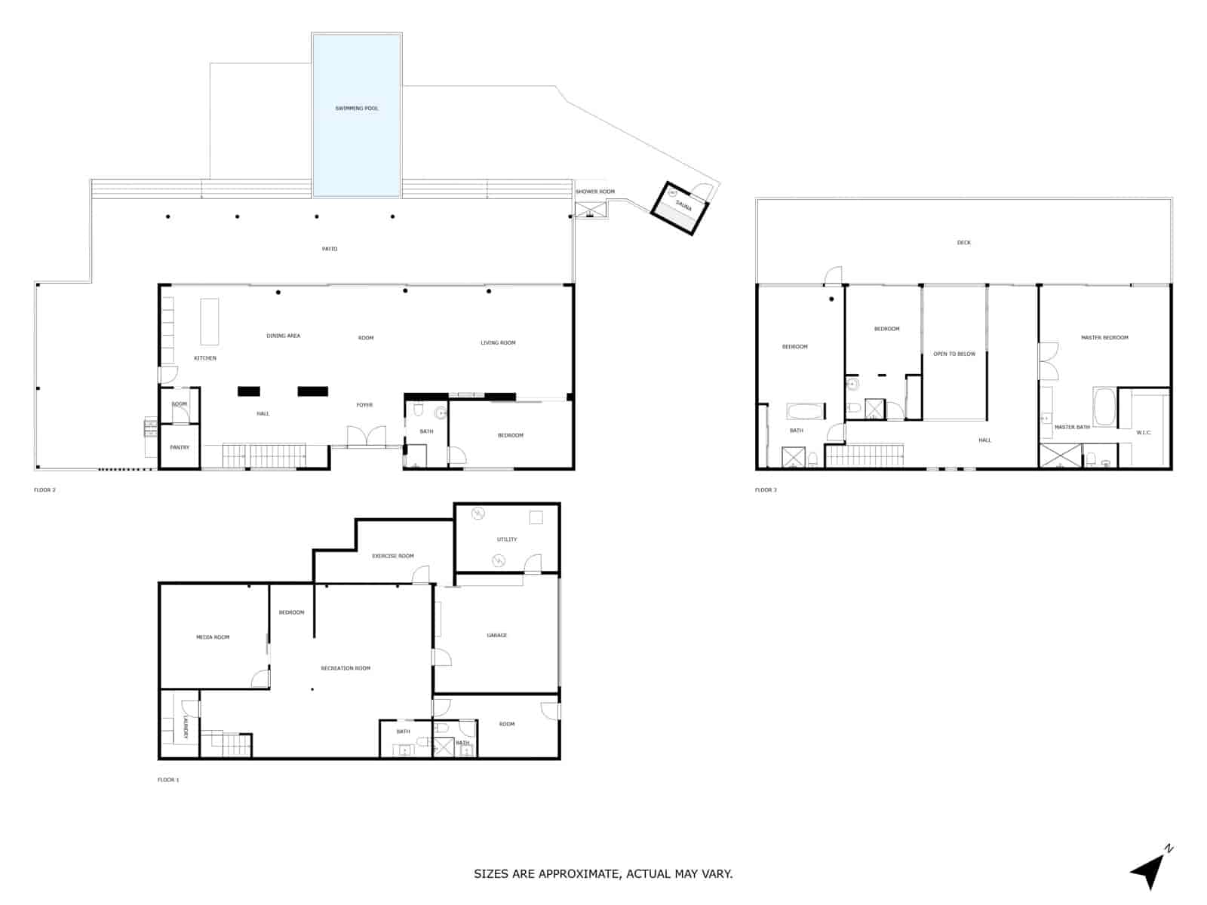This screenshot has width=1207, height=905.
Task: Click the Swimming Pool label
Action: (x=357, y=109)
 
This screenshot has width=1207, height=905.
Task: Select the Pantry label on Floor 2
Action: (x=180, y=447)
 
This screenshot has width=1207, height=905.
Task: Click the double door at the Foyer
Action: (x=366, y=437)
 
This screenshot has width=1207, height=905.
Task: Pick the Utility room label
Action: (x=507, y=539)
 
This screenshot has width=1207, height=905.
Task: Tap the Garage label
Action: (x=496, y=635)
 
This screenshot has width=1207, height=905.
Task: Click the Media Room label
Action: (x=213, y=637)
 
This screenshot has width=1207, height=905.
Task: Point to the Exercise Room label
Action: (x=393, y=556)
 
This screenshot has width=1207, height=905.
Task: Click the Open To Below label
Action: (x=954, y=354)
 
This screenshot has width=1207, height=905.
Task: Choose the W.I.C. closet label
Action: (x=1144, y=432)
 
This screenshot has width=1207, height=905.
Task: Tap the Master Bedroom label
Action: (x=1104, y=337)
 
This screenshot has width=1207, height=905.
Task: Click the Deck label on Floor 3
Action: (x=963, y=243)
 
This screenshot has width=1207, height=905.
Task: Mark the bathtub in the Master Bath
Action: (x=1104, y=407)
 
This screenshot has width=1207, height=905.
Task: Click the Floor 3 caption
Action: (x=766, y=490)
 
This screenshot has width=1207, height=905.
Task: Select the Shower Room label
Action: (x=595, y=192)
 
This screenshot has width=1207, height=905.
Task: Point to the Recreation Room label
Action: (x=346, y=668)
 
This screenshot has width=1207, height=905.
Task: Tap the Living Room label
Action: (x=498, y=342)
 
